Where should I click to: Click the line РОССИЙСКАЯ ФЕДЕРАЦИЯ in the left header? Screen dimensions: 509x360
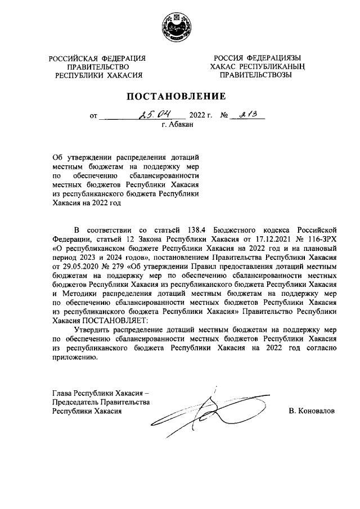click(x=97, y=58)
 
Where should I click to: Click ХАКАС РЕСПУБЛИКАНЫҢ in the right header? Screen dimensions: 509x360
click(x=256, y=66)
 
